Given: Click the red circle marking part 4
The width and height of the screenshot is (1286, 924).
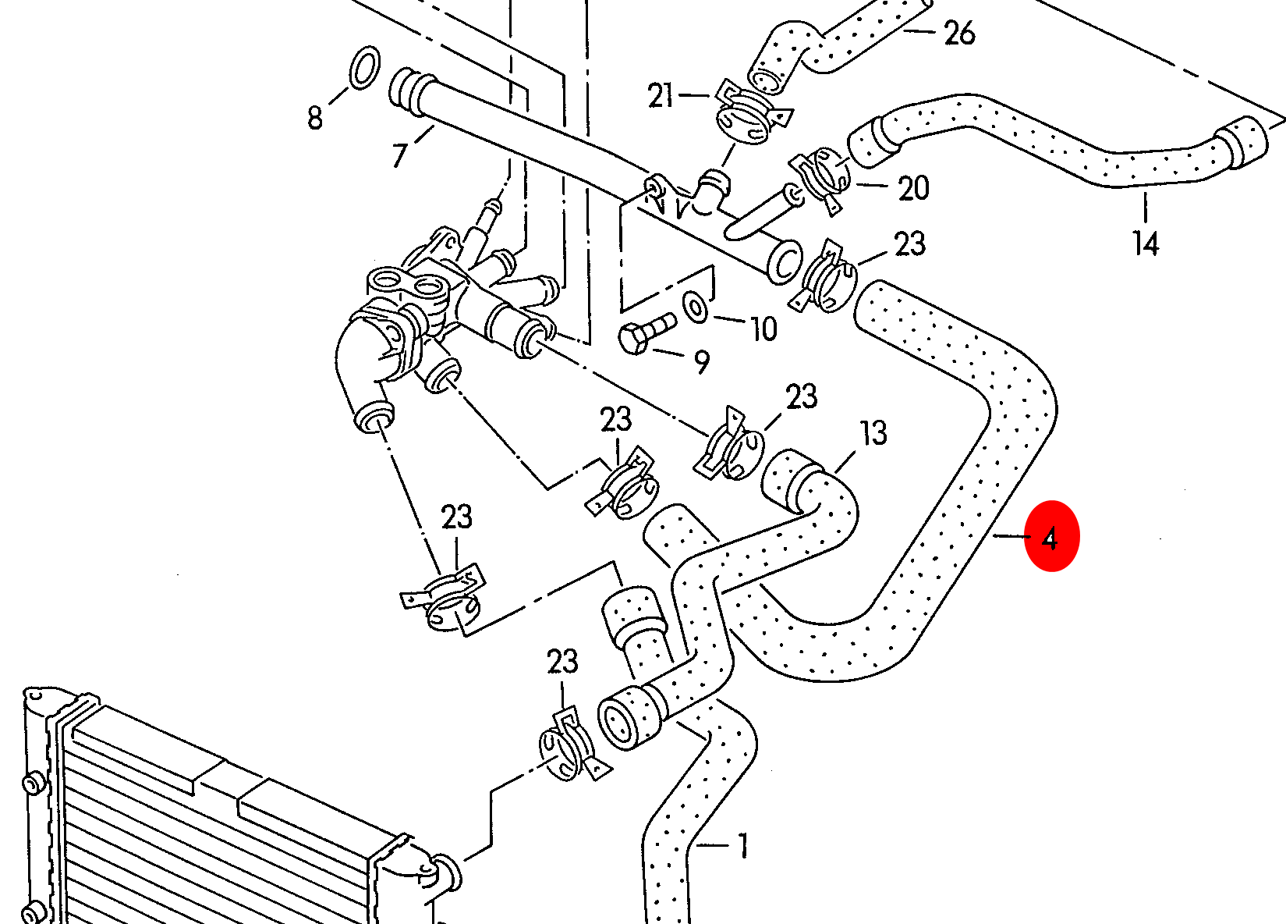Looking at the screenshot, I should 1051,536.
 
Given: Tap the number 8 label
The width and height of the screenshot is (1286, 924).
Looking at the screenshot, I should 314,118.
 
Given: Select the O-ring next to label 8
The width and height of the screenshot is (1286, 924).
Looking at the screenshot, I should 363,68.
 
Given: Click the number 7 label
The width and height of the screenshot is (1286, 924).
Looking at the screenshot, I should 400,155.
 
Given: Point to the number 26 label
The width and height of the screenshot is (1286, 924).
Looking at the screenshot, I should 959,34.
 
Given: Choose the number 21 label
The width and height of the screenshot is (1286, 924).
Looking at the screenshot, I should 661,96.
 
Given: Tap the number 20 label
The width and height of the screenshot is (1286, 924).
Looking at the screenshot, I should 913,188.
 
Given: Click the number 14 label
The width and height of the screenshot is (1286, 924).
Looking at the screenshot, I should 1146,243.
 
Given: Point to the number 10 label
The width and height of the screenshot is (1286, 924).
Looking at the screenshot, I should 763,329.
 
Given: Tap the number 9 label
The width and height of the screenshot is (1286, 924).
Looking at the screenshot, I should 702,362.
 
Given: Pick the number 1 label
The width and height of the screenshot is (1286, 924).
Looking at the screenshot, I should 742,845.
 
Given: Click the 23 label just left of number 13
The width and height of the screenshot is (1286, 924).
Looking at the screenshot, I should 801,397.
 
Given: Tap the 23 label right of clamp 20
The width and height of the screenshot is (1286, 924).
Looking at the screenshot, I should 909,244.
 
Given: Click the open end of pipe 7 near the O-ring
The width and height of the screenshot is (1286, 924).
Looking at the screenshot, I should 403,89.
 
